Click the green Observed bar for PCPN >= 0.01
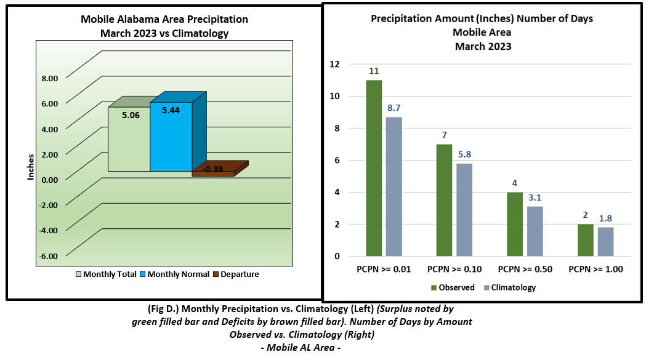[374, 168]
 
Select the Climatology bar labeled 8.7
[394, 186]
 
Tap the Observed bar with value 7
[444, 200]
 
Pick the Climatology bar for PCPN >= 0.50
[535, 231]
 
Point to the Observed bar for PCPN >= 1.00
[585, 240]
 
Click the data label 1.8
[605, 218]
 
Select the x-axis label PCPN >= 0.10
[454, 269]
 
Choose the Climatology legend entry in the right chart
[511, 287]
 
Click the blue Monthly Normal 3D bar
[171, 137]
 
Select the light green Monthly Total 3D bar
[129, 139]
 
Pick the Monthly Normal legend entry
[175, 274]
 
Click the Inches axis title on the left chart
[31, 166]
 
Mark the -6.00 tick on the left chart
[48, 256]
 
